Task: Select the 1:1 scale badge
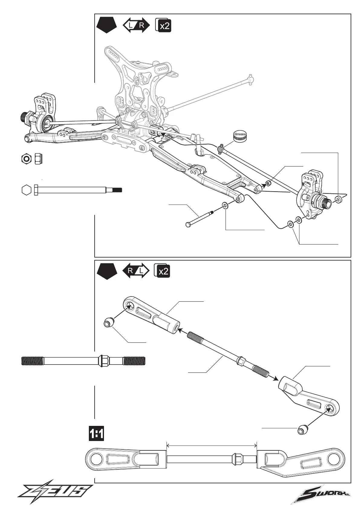[x=96, y=433]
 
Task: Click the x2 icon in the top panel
[x=163, y=25]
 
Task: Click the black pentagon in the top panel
[x=107, y=25]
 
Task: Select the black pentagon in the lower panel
[x=107, y=271]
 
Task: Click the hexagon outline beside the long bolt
[x=27, y=190]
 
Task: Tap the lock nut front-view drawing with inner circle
[x=26, y=158]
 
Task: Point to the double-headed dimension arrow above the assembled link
[x=212, y=445]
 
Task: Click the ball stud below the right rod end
[x=303, y=430]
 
